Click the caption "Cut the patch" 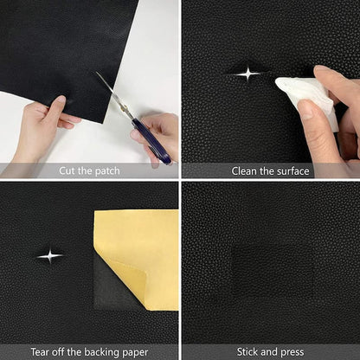(90, 170)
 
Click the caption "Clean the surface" (270, 170)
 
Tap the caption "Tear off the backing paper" (90, 350)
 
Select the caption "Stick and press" (270, 350)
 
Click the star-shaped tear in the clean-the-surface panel (247, 74)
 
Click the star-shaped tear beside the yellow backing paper (50, 255)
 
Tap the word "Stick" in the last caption (251, 350)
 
